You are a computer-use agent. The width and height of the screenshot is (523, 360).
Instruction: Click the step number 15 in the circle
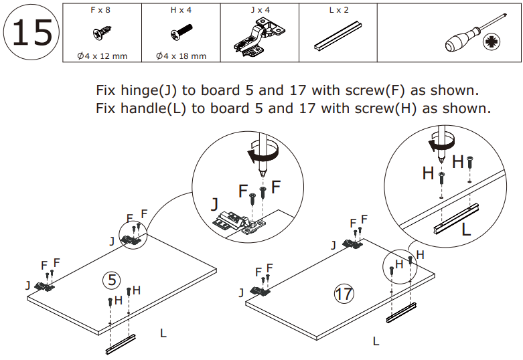point(31,33)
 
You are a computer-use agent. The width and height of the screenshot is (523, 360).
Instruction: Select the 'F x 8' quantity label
point(102,10)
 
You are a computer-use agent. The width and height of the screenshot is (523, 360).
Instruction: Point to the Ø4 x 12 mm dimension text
point(102,56)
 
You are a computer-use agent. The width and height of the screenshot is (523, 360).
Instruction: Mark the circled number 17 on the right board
point(344,292)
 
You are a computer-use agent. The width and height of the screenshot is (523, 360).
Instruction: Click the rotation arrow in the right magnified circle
point(441,143)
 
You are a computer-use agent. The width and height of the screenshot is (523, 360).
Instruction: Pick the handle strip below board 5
point(121,343)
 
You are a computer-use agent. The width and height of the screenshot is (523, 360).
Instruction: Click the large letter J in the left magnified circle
point(214,203)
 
